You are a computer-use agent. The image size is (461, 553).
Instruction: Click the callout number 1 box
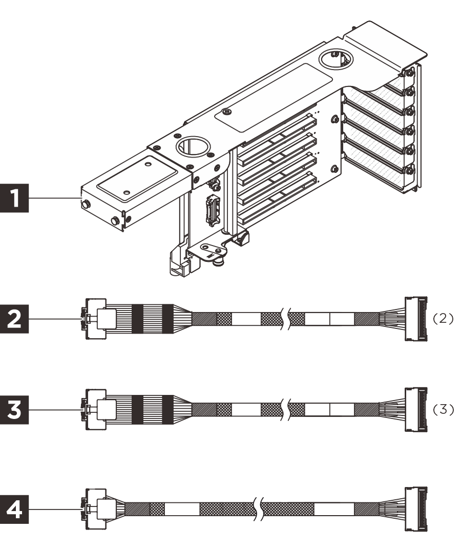pos(16,196)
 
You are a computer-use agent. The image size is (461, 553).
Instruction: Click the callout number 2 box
pos(16,319)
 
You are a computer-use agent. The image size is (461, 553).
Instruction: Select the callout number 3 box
pos(16,409)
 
